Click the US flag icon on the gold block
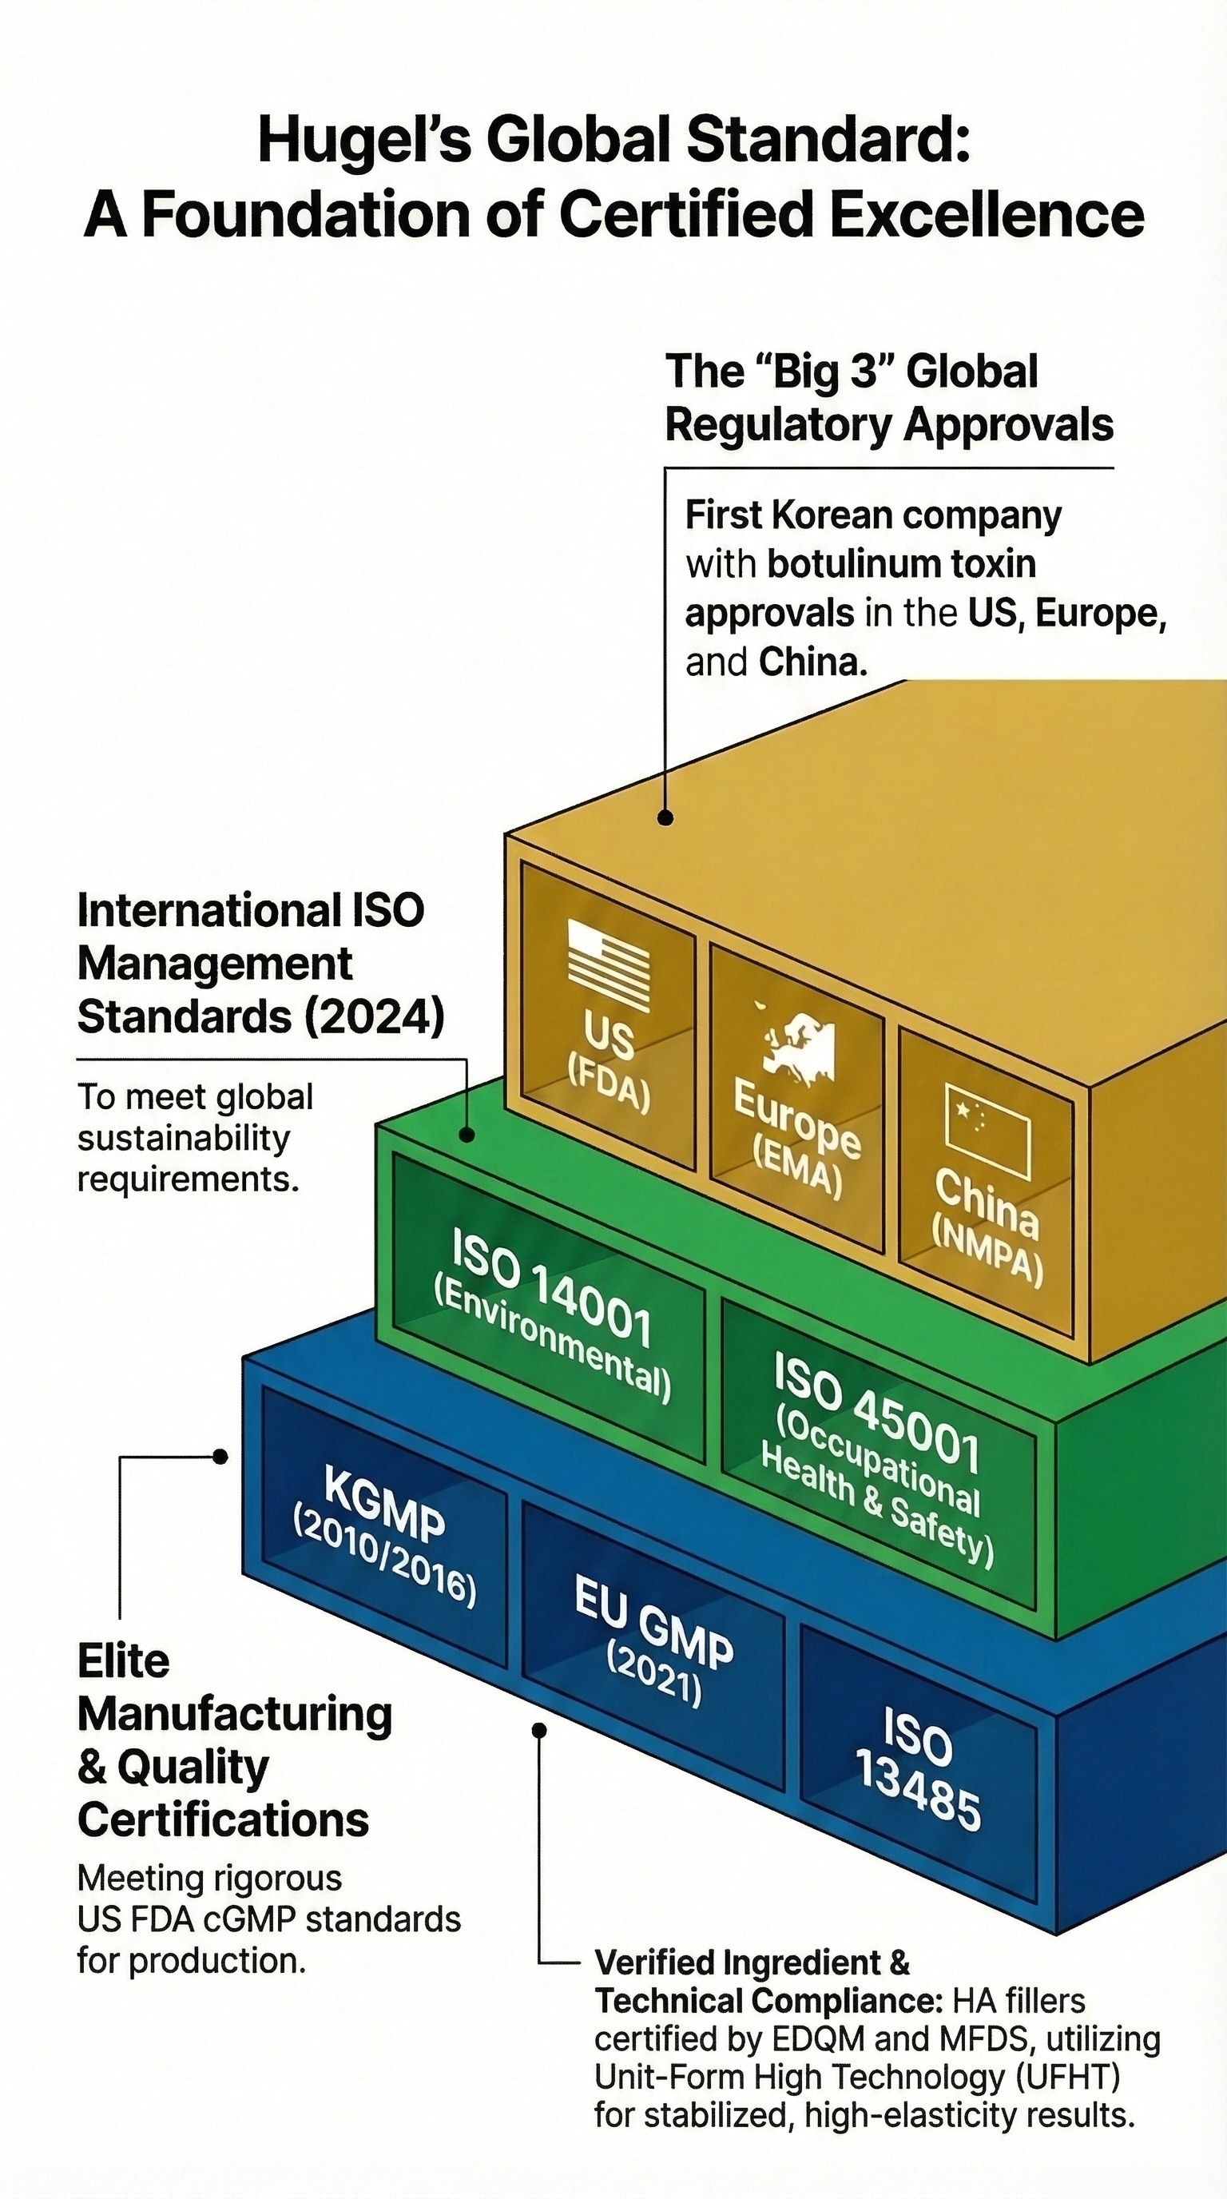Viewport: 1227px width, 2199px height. click(x=609, y=965)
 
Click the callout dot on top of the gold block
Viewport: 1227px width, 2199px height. click(x=665, y=817)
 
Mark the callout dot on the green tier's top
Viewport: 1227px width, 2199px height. click(x=467, y=1135)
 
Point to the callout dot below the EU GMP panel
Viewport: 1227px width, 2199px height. click(x=538, y=1730)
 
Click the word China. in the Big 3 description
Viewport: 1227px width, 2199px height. click(x=812, y=662)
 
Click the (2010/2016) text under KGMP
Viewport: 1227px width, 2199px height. click(x=384, y=1558)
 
